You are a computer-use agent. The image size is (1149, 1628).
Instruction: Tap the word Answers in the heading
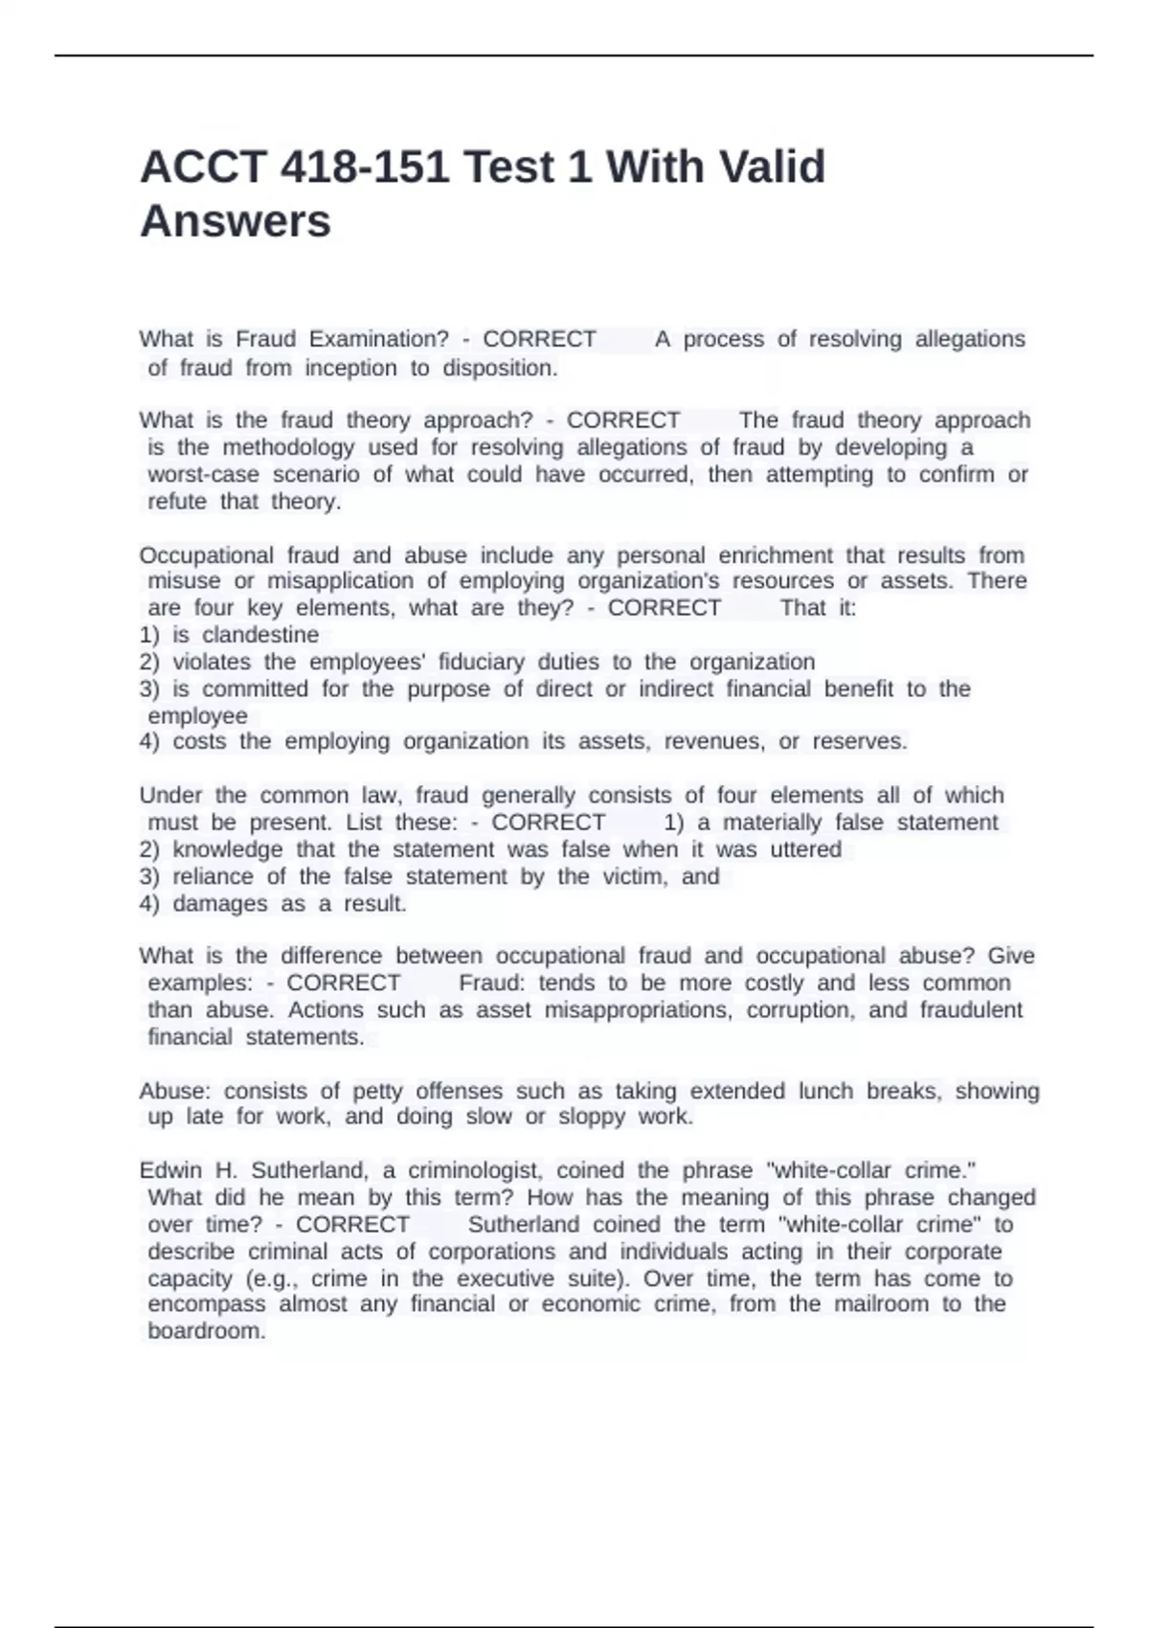236,221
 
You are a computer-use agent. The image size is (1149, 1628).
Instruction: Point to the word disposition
499,369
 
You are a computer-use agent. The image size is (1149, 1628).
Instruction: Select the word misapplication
340,581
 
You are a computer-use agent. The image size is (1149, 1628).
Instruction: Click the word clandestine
260,635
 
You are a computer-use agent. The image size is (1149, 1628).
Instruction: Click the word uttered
806,849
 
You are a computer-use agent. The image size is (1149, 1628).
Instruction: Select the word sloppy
591,1117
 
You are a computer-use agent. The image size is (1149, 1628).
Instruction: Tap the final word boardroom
206,1331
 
